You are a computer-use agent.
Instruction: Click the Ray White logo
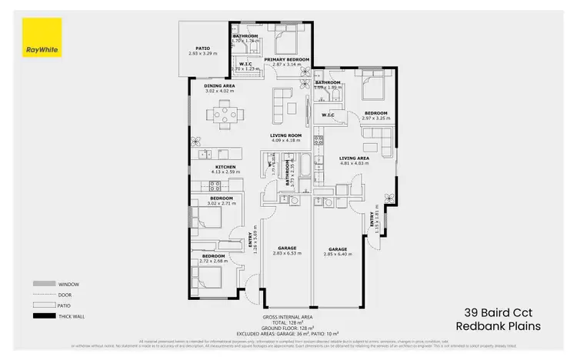41,38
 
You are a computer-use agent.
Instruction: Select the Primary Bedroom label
287,59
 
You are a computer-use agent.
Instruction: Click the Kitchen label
225,167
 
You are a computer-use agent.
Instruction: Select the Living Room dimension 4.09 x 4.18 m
285,141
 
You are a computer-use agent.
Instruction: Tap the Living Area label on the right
355,158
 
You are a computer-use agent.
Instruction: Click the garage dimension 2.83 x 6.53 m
285,253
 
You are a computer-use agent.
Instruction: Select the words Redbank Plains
498,325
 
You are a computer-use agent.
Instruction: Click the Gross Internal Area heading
288,317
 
